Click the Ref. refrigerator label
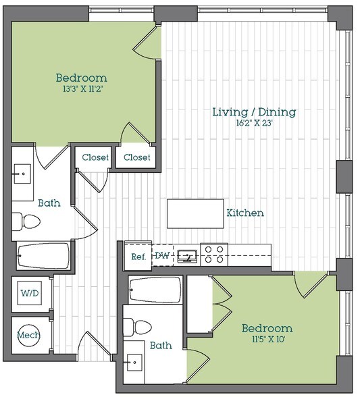pos(138,257)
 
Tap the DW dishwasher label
pos(162,255)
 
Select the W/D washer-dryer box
pos(30,293)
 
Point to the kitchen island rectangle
pos(195,213)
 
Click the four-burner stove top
pos(214,255)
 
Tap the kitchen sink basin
pos(187,257)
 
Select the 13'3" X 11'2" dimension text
pos(82,89)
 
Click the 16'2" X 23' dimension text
pos(254,124)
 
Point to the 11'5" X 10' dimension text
pos(269,339)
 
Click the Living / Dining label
pos(254,112)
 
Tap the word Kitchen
pos(245,213)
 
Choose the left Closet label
pos(95,157)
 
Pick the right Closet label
pos(137,157)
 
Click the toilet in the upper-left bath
pos(26,221)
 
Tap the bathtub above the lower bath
pos(155,290)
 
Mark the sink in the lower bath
pos(134,363)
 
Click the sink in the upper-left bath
pos(23,174)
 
